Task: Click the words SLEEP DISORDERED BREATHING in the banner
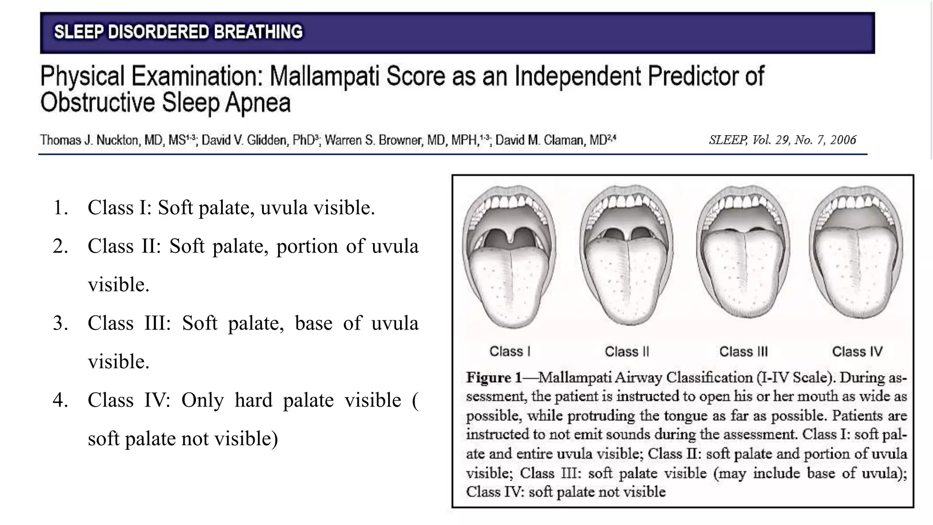tap(178, 32)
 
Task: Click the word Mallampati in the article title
tap(324, 76)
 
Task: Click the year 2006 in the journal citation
tap(843, 140)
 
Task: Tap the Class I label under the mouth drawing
tap(510, 351)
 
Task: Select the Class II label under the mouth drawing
tap(626, 351)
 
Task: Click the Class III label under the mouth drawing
tap(743, 351)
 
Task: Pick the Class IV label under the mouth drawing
tap(857, 351)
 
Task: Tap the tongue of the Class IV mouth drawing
tap(856, 273)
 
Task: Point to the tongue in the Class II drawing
tap(627, 278)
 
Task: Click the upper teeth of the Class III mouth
tap(743, 202)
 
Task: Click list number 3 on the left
tap(60, 323)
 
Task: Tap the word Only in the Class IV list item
tap(202, 400)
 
